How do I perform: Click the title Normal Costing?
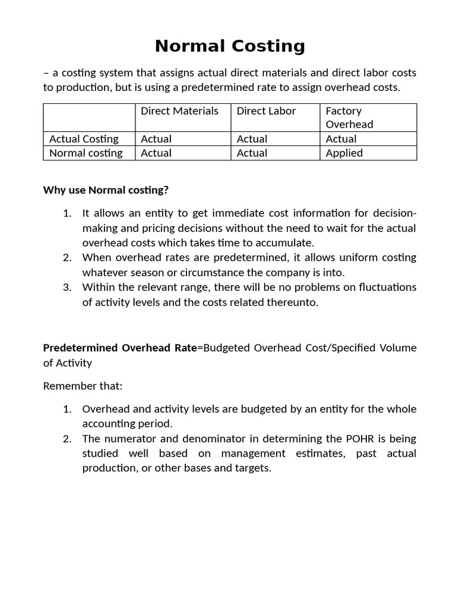pyautogui.click(x=230, y=46)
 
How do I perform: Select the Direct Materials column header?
pyautogui.click(x=179, y=111)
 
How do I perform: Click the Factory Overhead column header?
pyautogui.click(x=349, y=117)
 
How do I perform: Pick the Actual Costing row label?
pyautogui.click(x=84, y=139)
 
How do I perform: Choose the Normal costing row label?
pyautogui.click(x=85, y=153)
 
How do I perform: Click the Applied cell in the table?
pyautogui.click(x=344, y=153)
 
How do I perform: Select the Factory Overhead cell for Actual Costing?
pyautogui.click(x=341, y=139)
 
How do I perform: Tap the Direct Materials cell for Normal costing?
pyautogui.click(x=156, y=153)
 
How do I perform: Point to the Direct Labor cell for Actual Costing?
pyautogui.click(x=252, y=139)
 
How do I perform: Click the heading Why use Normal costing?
pyautogui.click(x=106, y=190)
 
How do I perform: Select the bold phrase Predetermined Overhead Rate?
pyautogui.click(x=120, y=347)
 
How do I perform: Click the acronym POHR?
pyautogui.click(x=360, y=439)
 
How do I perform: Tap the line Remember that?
pyautogui.click(x=83, y=386)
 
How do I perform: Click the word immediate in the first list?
pyautogui.click(x=220, y=214)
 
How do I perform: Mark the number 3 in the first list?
pyautogui.click(x=67, y=287)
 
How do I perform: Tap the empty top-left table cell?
pyautogui.click(x=89, y=117)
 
